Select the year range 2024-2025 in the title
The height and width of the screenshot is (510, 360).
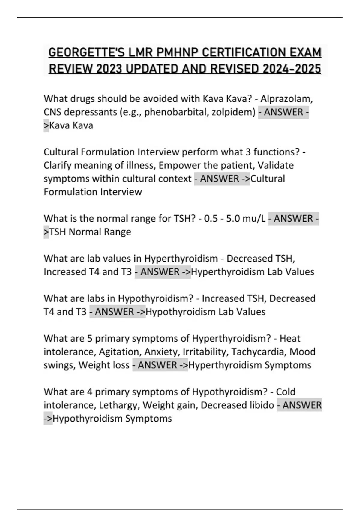click(x=292, y=69)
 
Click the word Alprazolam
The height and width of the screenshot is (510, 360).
click(x=287, y=98)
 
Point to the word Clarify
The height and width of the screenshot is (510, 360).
click(x=57, y=165)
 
